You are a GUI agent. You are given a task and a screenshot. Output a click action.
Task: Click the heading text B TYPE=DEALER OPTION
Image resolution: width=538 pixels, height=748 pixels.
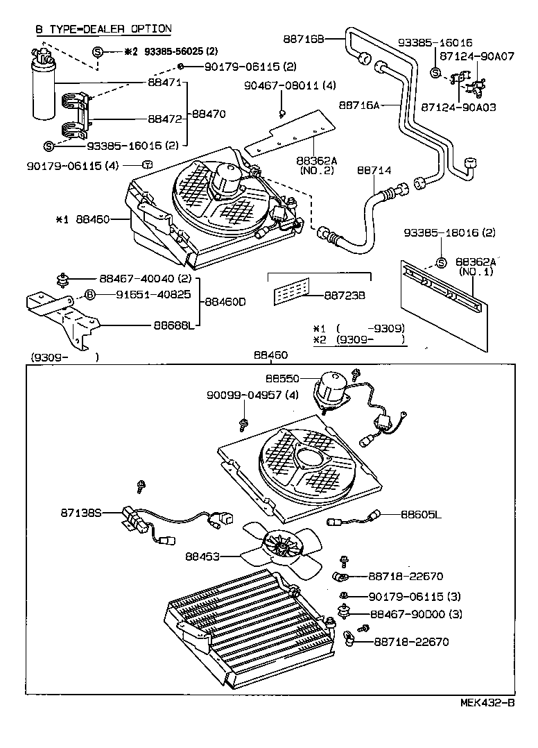pyautogui.click(x=103, y=28)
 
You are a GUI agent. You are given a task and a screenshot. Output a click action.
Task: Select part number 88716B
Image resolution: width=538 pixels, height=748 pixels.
pyautogui.click(x=303, y=39)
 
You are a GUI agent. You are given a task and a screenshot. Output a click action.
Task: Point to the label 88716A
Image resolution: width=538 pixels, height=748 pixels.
pyautogui.click(x=361, y=105)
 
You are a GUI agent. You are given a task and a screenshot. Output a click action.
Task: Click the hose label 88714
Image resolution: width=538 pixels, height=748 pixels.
pyautogui.click(x=374, y=169)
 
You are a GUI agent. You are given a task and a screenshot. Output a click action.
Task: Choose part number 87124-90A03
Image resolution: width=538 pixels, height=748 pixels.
pyautogui.click(x=458, y=108)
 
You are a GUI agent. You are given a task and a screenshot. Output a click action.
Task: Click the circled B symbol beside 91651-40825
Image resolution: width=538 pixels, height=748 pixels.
pyautogui.click(x=90, y=294)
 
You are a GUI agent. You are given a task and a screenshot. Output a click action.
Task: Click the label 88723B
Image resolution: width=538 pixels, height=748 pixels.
pyautogui.click(x=345, y=296)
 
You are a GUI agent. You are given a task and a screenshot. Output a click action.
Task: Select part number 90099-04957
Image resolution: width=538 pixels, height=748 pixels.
pyautogui.click(x=245, y=396)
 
